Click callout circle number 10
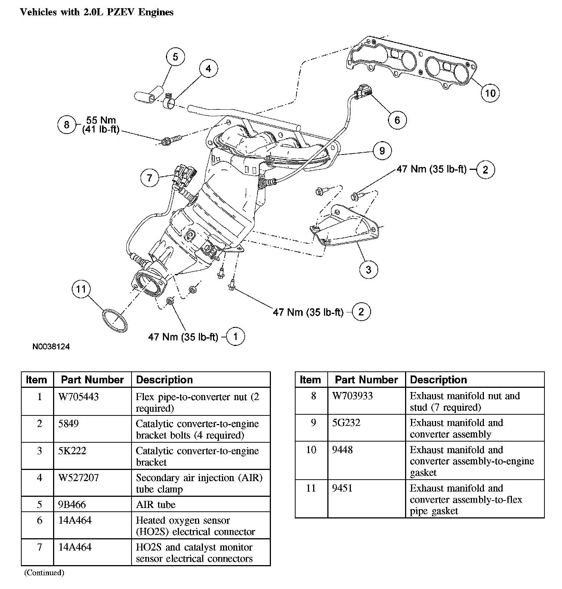coord(490,93)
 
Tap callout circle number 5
coord(176,57)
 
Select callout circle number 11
coord(81,289)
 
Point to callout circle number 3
coord(368,269)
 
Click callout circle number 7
coord(150,178)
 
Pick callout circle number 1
coord(235,337)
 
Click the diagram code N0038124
coord(51,346)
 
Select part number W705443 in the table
coord(78,396)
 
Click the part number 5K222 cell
coord(72,451)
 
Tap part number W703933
coord(352,396)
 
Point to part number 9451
coord(342,488)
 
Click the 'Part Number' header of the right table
coord(366,380)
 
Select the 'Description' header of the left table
coord(164,380)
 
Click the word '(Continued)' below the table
coord(44,573)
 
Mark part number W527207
coord(78,477)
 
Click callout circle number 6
coord(397,120)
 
